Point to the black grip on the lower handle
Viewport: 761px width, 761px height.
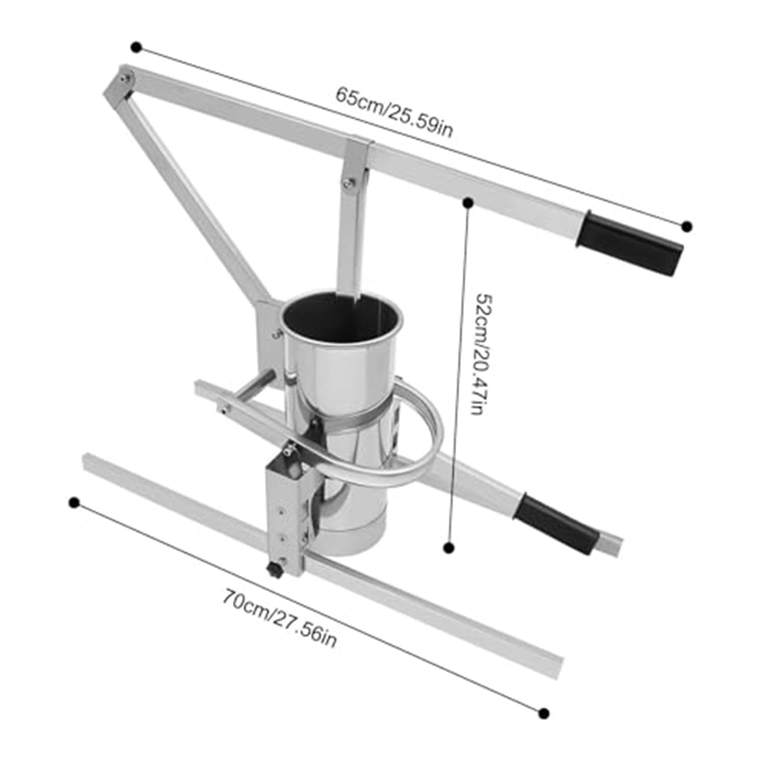click(x=556, y=524)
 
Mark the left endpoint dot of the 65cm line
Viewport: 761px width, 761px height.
click(x=137, y=47)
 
